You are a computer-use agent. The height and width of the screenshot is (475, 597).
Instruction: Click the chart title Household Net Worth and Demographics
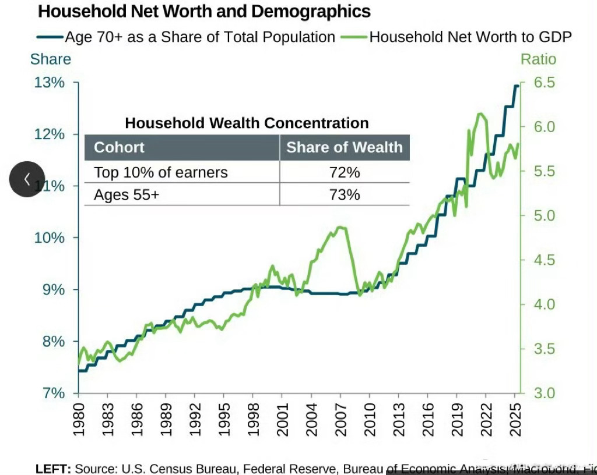tap(204, 11)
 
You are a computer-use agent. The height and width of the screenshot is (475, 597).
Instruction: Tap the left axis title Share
tap(50, 59)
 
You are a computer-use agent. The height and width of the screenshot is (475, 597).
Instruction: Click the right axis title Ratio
tap(538, 59)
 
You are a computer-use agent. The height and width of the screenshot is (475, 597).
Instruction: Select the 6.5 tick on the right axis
tap(542, 83)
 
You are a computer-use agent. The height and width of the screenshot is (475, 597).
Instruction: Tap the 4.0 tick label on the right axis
tap(542, 304)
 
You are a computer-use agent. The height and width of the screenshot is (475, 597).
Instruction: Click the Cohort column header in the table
tap(119, 147)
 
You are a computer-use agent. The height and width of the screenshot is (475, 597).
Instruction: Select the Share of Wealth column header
tap(344, 147)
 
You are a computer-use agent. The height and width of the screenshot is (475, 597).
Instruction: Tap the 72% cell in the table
tap(344, 172)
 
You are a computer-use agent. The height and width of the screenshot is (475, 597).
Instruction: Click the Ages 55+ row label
tap(127, 194)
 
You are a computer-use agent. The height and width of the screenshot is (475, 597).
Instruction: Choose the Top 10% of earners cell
tap(161, 172)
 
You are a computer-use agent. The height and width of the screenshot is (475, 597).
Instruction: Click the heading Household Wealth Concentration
tap(247, 123)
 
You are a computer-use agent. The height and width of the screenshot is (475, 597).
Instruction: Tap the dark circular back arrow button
tap(27, 179)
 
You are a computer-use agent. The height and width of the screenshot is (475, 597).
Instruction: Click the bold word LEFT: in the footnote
tap(53, 469)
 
